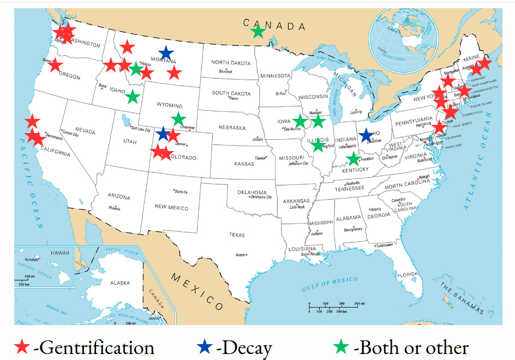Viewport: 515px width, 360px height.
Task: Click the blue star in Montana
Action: click(x=166, y=53)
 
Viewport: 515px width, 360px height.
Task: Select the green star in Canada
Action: click(x=258, y=32)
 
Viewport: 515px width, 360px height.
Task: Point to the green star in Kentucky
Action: click(x=354, y=159)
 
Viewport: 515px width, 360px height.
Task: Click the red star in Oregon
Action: click(x=55, y=65)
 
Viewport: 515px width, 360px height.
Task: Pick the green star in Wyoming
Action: click(x=178, y=118)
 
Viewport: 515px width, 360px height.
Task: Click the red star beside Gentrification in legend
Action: click(x=22, y=346)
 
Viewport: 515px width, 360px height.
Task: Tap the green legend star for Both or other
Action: click(x=342, y=346)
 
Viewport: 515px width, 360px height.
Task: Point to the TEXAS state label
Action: click(x=237, y=235)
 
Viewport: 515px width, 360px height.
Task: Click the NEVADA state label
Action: click(x=85, y=131)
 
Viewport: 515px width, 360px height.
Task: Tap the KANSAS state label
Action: click(x=243, y=164)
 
